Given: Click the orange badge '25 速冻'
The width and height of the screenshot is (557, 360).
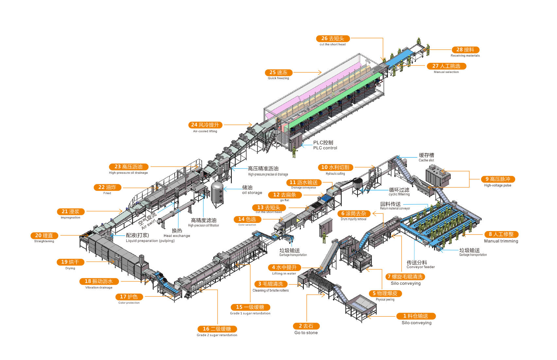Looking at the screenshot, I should tap(278, 72).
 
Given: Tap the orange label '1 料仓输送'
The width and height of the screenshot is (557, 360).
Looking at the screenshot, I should tap(416, 316).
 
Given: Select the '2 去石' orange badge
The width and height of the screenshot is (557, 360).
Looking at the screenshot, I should tap(306, 326).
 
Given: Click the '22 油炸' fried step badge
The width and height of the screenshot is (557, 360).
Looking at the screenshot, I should tap(107, 187).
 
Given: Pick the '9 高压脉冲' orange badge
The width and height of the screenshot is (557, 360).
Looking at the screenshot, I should tap(498, 179).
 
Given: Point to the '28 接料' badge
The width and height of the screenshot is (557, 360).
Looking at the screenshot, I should tap(465, 50).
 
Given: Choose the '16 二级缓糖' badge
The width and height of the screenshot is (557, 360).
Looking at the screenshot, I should tap(217, 329).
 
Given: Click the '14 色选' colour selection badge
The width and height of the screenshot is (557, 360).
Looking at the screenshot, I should tap(247, 219).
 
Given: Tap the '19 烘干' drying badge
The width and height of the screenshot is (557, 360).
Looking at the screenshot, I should tap(70, 262).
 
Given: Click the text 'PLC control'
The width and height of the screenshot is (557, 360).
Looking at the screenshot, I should tap(325, 148).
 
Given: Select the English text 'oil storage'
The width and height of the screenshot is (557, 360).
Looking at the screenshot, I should tap(252, 193).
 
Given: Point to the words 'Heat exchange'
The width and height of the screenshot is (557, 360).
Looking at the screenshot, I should tap(177, 236).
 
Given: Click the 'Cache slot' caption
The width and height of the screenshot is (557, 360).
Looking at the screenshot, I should tap(426, 160).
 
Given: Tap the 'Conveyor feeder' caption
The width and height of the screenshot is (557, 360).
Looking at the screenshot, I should tap(421, 267).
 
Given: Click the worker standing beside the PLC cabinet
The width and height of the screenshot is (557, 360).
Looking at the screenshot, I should tap(294, 152).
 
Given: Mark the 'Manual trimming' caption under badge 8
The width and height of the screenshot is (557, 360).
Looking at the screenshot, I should tap(501, 241).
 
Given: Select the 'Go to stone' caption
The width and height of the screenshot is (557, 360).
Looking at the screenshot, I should tap(306, 333).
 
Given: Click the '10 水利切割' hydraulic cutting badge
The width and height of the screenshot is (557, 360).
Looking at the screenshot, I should tap(335, 167).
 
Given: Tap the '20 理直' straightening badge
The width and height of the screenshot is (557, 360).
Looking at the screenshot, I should tap(44, 236).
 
